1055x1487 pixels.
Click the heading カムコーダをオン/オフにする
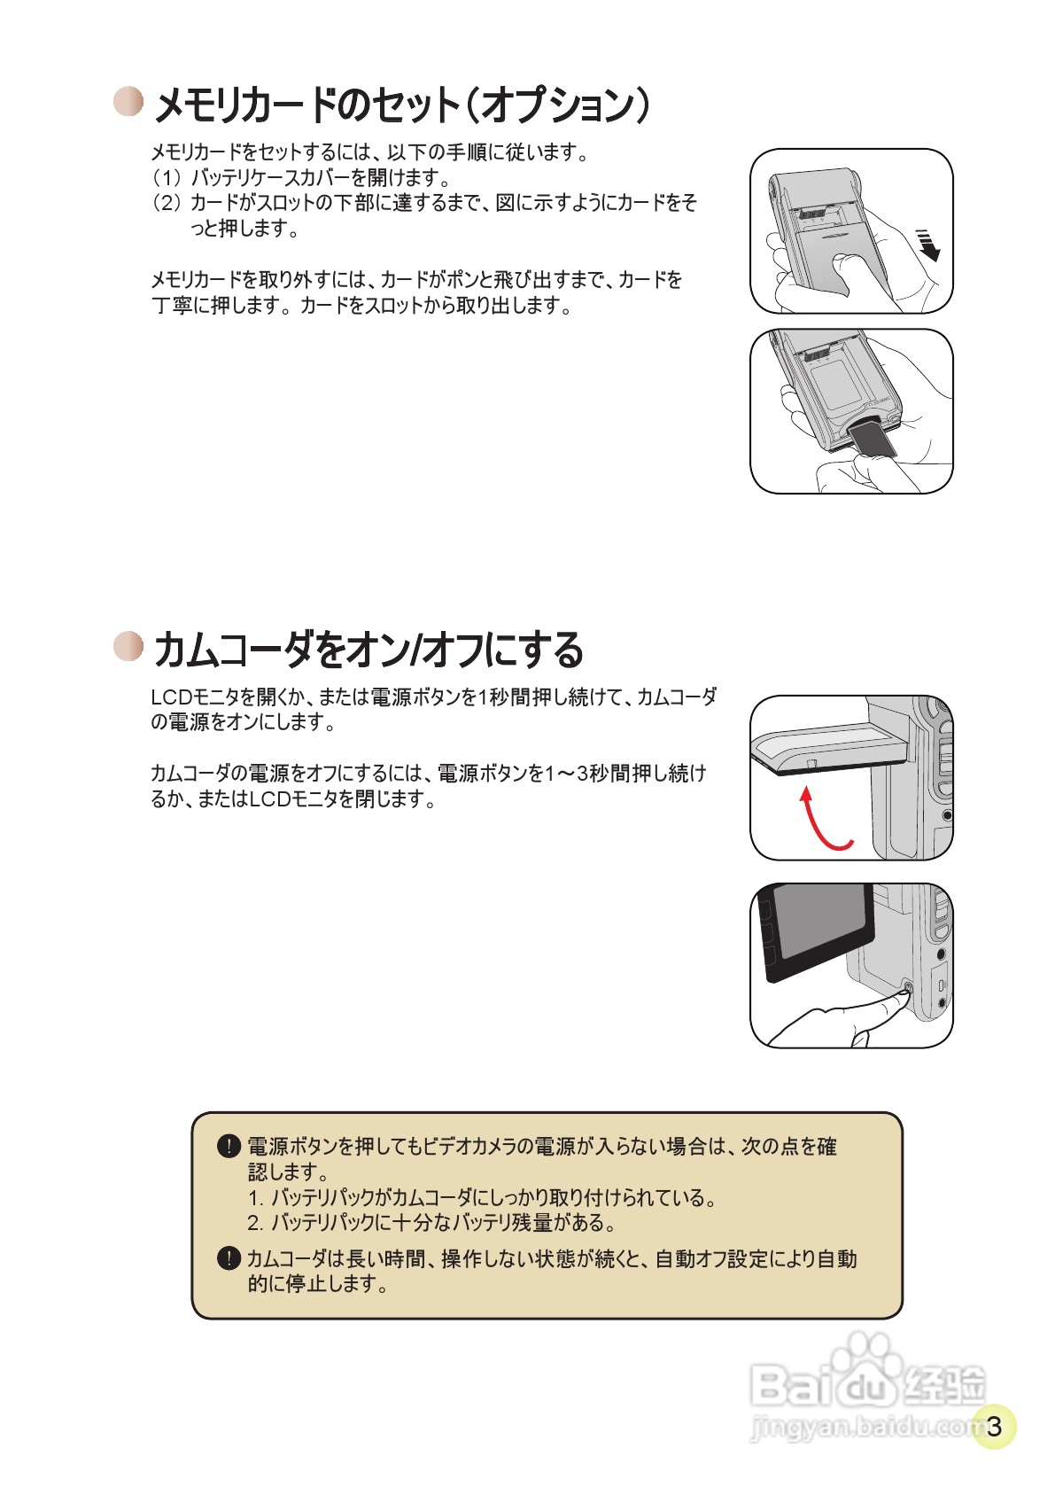coord(368,650)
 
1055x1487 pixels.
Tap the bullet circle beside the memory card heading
coord(128,101)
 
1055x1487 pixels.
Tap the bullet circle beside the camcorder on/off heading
coord(128,646)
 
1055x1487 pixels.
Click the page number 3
coord(994,1426)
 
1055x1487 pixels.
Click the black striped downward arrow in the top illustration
coord(927,245)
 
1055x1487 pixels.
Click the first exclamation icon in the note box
coord(229,1147)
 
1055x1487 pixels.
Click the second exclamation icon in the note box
coord(229,1258)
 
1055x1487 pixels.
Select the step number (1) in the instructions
coord(166,177)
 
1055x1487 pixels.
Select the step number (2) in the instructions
coord(166,203)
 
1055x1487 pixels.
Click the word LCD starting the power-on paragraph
coord(172,697)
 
